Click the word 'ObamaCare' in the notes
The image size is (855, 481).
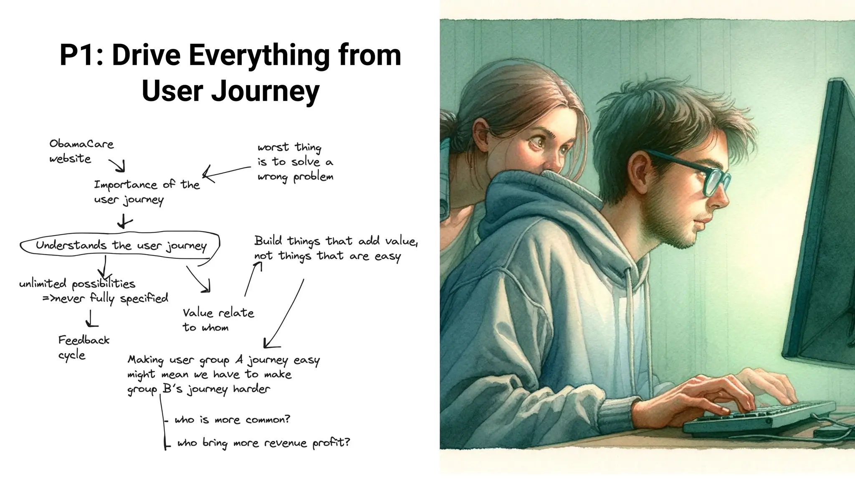[x=81, y=144]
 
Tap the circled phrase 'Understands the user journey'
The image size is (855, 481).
[x=121, y=246]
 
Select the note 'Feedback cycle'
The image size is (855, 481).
[x=83, y=347]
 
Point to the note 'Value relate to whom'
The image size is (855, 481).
[x=218, y=320]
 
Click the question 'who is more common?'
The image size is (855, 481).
[x=232, y=420]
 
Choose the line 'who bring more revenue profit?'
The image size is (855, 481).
[x=263, y=443]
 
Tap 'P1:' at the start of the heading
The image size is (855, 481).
[x=81, y=55]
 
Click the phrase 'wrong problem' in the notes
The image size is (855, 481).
[x=295, y=177]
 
